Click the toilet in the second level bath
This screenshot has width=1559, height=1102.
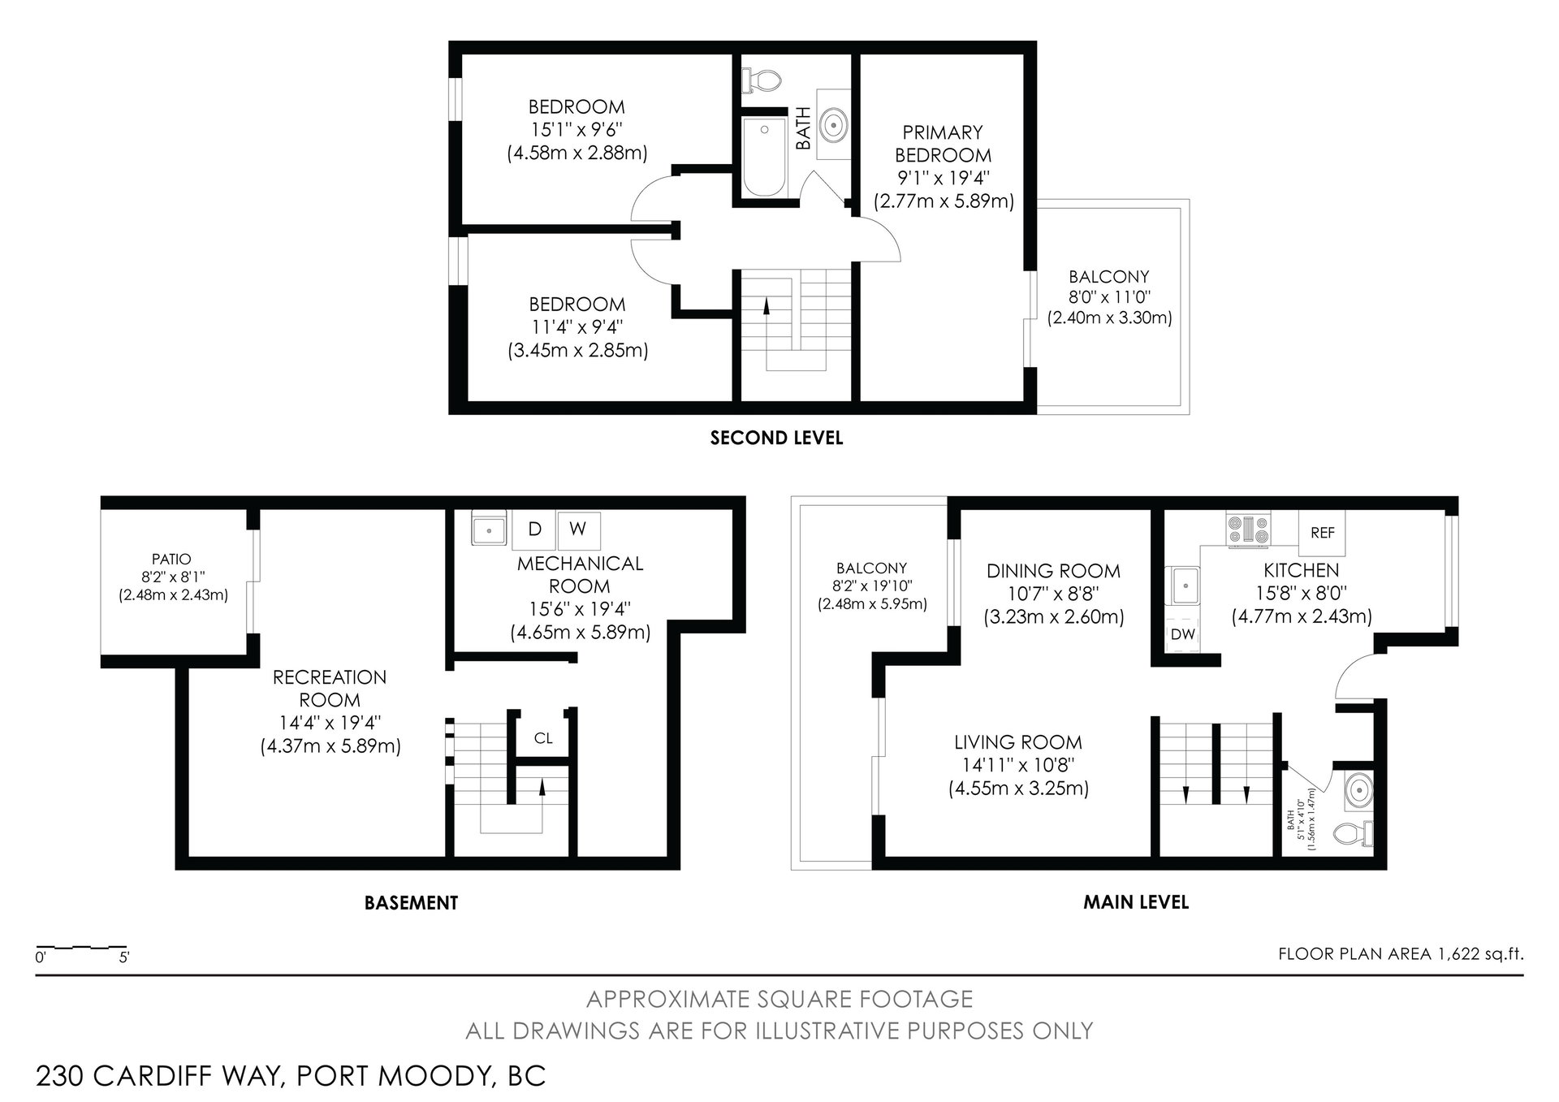pyautogui.click(x=761, y=80)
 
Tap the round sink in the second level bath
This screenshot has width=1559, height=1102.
pyautogui.click(x=834, y=126)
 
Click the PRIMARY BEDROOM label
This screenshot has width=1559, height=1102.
pyautogui.click(x=943, y=144)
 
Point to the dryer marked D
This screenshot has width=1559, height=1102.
pyautogui.click(x=535, y=529)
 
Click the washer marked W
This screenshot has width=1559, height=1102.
pyautogui.click(x=577, y=529)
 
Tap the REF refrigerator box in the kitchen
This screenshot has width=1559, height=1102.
pyautogui.click(x=1322, y=533)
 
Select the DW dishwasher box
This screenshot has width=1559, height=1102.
pyautogui.click(x=1183, y=634)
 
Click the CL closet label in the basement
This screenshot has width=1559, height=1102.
pyautogui.click(x=543, y=738)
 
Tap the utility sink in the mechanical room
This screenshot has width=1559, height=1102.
pyautogui.click(x=489, y=529)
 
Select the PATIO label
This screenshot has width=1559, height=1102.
pyautogui.click(x=172, y=560)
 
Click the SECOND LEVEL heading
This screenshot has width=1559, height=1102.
pyautogui.click(x=776, y=439)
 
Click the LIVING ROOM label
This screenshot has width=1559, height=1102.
pyautogui.click(x=1017, y=742)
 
